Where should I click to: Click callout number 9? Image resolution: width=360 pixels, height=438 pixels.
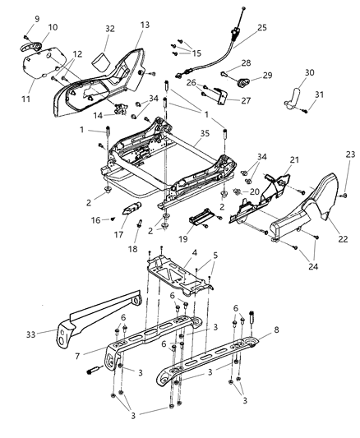click(36, 17)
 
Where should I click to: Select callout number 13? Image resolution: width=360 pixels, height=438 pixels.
click(145, 25)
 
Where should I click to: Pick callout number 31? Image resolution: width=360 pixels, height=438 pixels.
click(321, 95)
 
